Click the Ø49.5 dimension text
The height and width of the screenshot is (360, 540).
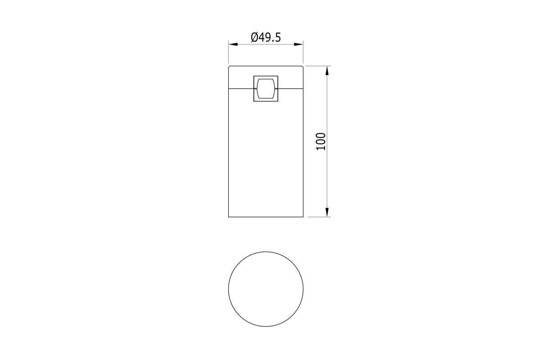point(265,37)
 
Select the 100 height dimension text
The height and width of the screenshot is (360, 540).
point(320,142)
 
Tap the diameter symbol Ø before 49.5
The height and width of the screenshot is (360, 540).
point(255,37)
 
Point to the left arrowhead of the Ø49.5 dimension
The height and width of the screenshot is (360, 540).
point(233,45)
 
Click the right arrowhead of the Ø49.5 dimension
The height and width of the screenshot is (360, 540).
point(298,45)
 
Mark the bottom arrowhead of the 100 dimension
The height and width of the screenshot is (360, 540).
point(327,212)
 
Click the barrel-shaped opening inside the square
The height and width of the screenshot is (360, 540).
point(265,89)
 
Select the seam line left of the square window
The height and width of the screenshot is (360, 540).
point(241,89)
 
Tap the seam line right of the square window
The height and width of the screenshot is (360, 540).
point(291,89)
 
